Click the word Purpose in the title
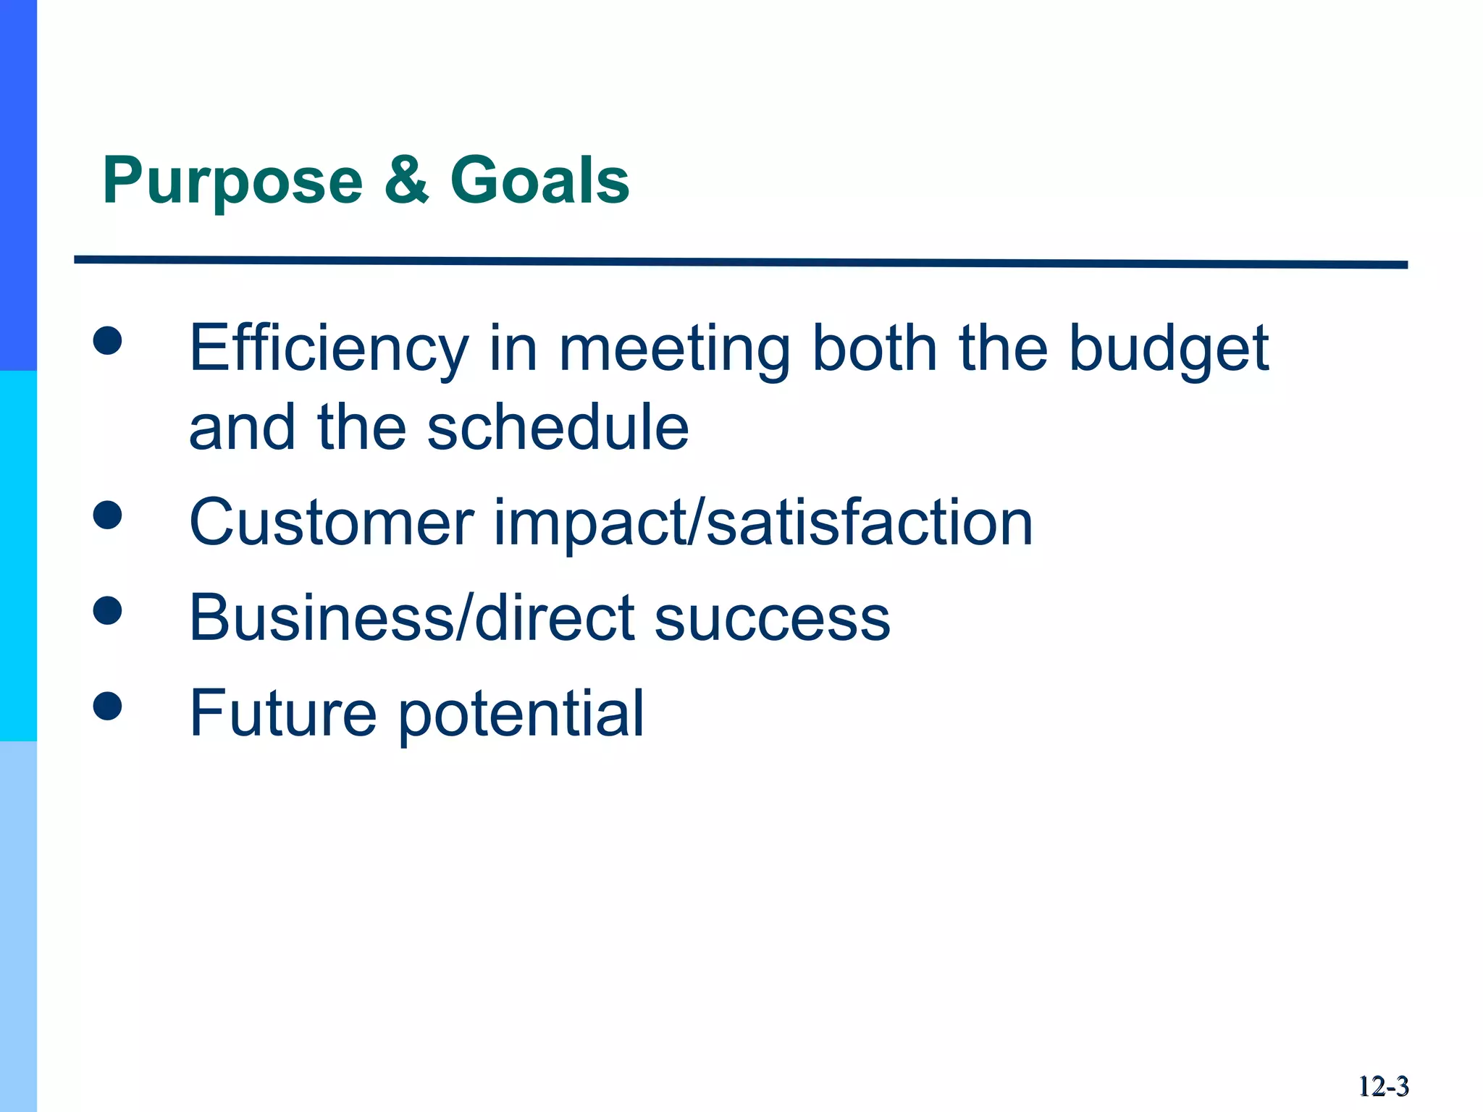[x=232, y=181]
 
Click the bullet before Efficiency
[x=107, y=340]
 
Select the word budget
[x=1169, y=349]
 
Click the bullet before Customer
[x=107, y=515]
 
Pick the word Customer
[x=332, y=522]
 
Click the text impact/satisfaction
[x=763, y=522]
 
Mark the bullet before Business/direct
[x=107, y=610]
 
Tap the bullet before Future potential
[x=107, y=706]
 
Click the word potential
[x=521, y=715]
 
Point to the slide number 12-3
[x=1383, y=1087]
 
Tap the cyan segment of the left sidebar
[x=18, y=556]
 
